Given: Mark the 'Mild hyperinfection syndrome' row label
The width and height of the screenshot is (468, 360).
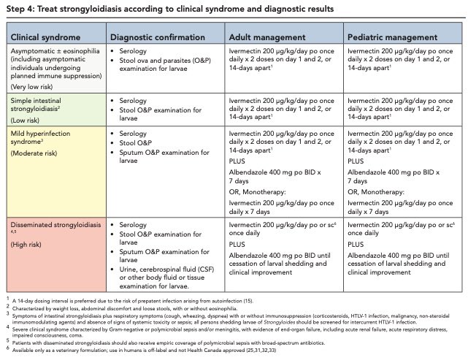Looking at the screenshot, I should (43, 135).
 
